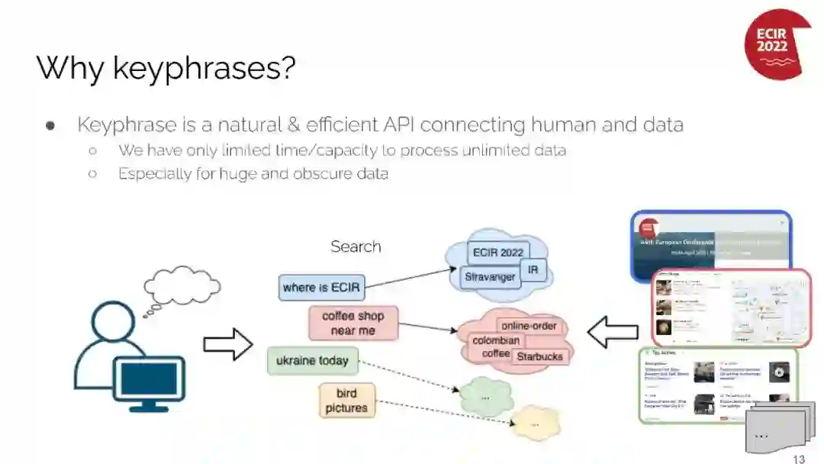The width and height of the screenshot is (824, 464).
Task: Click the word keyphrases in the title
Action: [x=204, y=68]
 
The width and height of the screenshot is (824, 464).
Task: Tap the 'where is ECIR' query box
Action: [x=321, y=288]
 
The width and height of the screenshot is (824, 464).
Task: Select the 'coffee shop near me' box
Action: [x=352, y=323]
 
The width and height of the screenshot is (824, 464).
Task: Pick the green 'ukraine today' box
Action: [x=312, y=360]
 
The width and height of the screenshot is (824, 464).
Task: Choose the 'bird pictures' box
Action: [x=346, y=401]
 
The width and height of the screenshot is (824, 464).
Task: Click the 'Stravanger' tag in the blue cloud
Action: [x=490, y=277]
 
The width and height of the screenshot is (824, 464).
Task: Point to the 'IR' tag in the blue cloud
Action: [x=533, y=270]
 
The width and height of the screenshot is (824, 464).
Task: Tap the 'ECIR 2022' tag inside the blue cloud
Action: [x=497, y=253]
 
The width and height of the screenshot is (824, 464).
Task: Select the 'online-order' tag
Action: [x=529, y=327]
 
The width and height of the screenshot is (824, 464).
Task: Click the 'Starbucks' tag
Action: [x=539, y=356]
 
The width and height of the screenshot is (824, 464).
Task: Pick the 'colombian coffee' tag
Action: [x=495, y=346]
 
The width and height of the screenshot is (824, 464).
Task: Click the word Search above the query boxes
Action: [x=356, y=246]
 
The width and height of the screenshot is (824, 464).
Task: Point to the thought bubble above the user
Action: [x=182, y=285]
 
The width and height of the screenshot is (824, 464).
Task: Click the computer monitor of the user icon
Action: [x=149, y=379]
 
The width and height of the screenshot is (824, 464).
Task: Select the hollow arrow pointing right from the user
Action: [x=227, y=344]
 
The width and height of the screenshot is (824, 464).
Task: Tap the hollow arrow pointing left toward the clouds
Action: [x=613, y=332]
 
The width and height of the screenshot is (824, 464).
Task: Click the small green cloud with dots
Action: [x=485, y=397]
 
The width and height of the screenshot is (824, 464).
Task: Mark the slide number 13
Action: [x=799, y=459]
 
